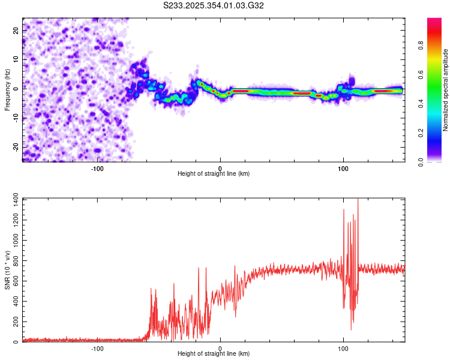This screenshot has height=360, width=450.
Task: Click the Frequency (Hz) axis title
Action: click(x=7, y=88)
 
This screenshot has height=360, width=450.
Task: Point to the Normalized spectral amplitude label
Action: click(x=446, y=90)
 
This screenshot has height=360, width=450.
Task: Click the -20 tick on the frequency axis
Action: click(x=15, y=147)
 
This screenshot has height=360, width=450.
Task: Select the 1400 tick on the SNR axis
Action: click(x=12, y=199)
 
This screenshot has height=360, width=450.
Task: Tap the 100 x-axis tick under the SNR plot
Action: click(x=343, y=349)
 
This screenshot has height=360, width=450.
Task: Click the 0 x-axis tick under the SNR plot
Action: click(x=220, y=349)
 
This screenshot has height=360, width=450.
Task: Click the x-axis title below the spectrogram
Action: click(x=214, y=174)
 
